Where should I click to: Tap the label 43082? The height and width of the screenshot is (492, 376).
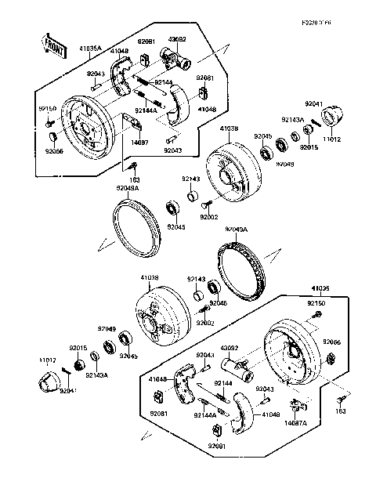click(x=176, y=38)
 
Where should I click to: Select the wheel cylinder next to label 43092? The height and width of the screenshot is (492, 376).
click(x=233, y=363)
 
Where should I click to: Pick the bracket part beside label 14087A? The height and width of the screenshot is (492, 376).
click(x=296, y=406)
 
